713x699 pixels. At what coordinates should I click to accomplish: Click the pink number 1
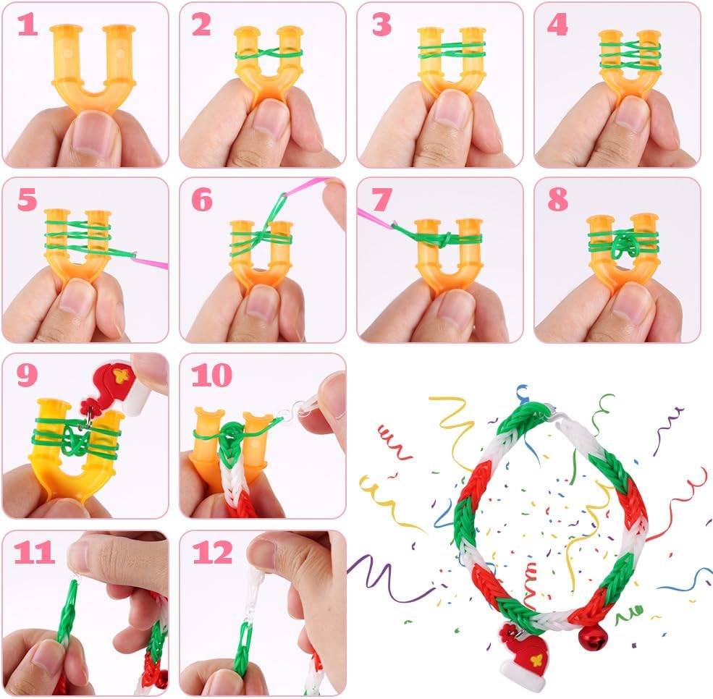(28, 24)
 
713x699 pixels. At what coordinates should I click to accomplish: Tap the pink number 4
(557, 25)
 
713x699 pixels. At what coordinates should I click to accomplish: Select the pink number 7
(381, 200)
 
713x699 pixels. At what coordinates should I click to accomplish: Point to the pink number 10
(212, 376)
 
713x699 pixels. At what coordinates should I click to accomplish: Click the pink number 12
(212, 553)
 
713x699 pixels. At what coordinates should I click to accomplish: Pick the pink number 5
(28, 200)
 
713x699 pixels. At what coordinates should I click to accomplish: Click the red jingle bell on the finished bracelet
(593, 638)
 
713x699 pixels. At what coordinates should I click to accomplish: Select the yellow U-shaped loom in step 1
(93, 64)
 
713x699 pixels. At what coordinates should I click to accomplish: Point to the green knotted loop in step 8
(623, 246)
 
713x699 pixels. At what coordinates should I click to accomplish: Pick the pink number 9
(28, 376)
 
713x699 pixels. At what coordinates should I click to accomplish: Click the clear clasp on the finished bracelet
(556, 414)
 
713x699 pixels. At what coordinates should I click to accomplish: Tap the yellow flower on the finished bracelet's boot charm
(536, 658)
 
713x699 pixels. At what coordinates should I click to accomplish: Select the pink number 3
(381, 25)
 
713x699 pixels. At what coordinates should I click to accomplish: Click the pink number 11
(33, 553)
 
